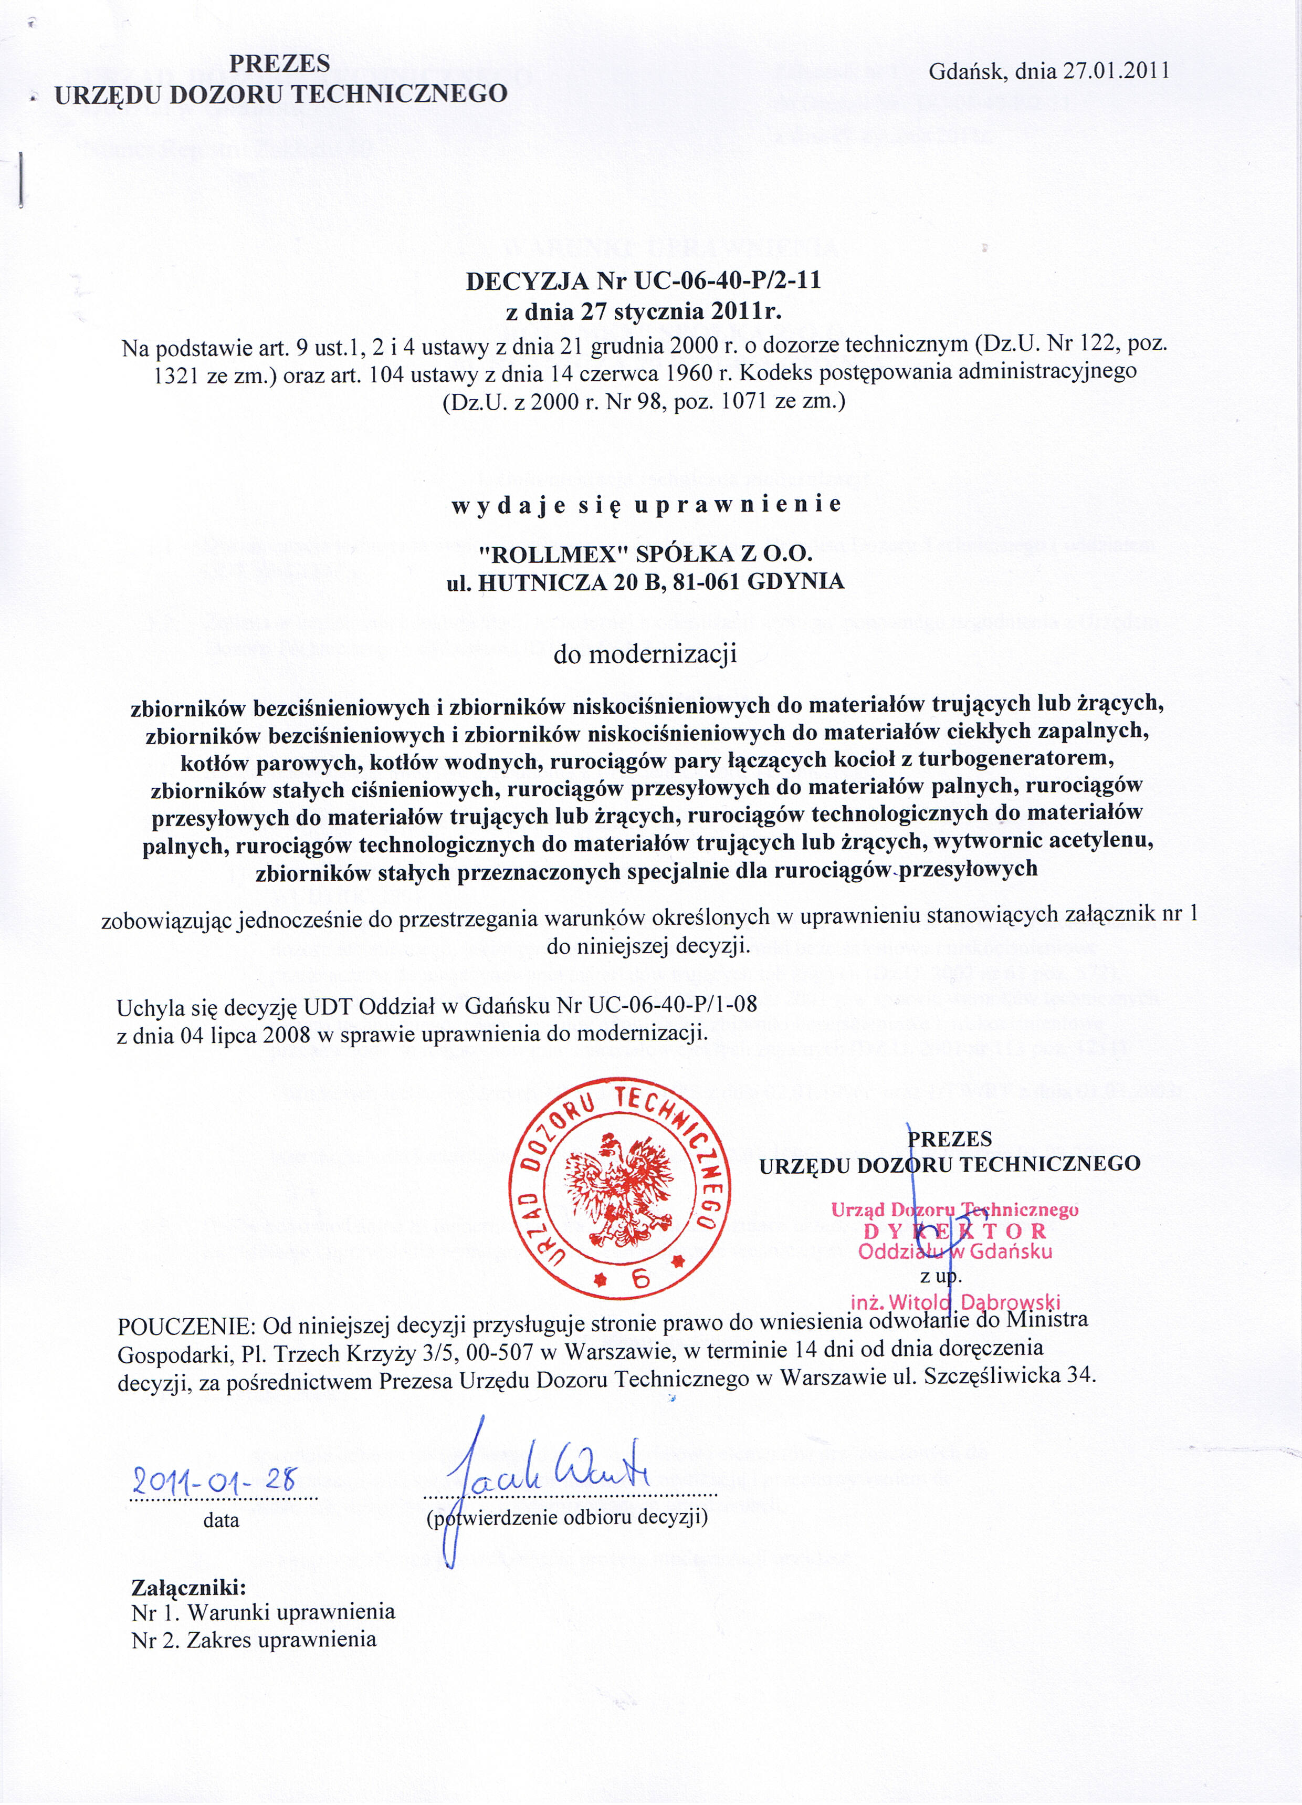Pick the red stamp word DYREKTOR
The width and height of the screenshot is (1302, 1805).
tap(954, 1230)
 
